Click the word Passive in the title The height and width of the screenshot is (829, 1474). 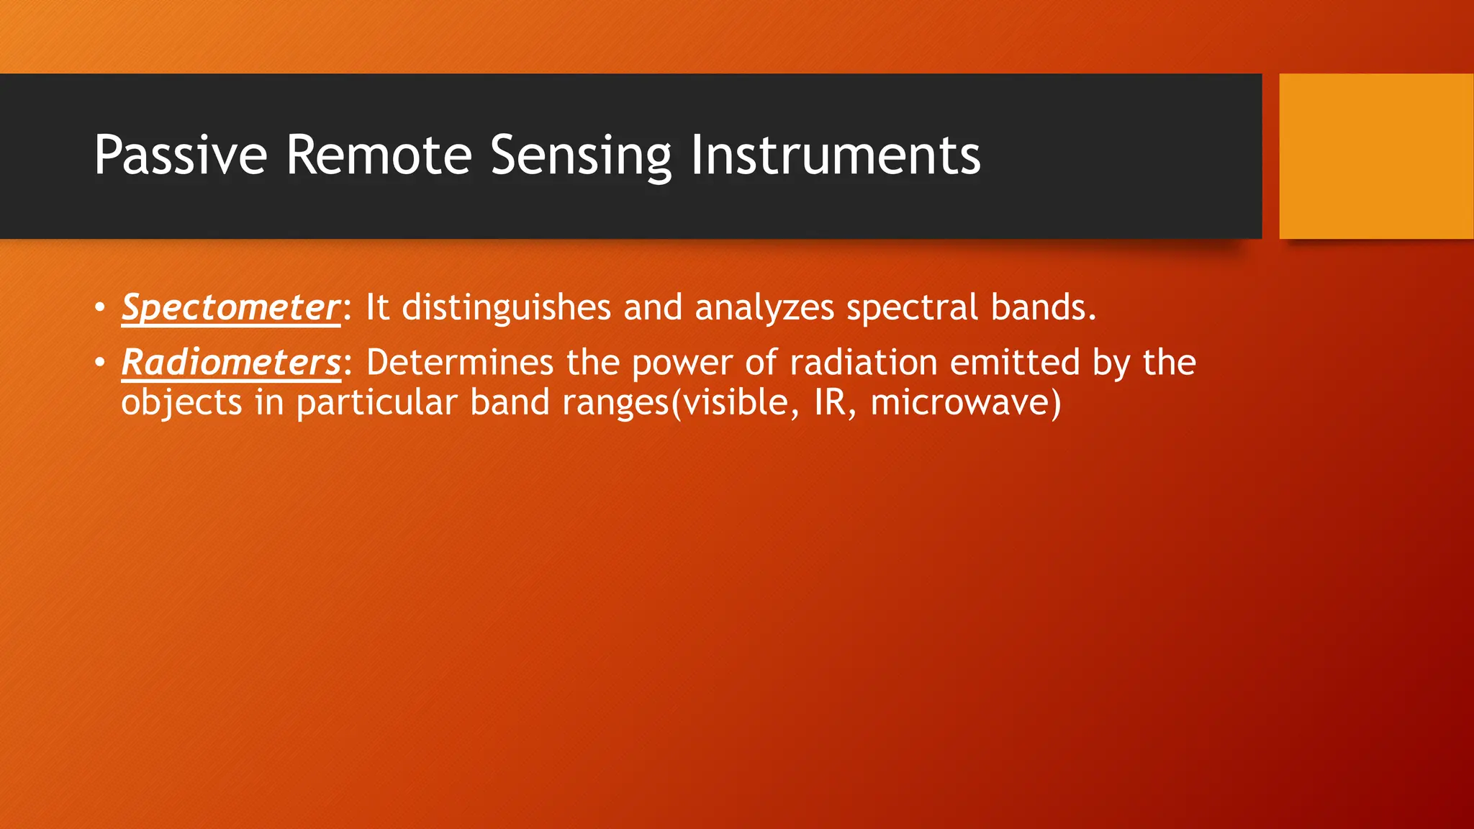(180, 155)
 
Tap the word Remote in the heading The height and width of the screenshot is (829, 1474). (379, 155)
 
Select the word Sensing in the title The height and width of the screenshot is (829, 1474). (580, 157)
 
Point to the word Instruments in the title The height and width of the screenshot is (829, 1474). (835, 155)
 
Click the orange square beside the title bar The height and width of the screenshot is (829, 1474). (1375, 156)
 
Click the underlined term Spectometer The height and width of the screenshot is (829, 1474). (230, 308)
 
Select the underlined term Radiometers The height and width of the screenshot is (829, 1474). (230, 363)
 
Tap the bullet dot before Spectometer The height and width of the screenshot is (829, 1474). (99, 308)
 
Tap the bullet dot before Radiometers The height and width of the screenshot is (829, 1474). (99, 363)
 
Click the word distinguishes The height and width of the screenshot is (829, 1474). (506, 308)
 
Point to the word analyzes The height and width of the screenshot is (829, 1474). (764, 308)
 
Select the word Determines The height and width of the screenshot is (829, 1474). (459, 363)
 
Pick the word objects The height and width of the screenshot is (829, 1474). (181, 403)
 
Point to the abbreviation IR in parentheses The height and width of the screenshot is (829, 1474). (830, 403)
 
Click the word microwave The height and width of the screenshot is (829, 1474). (960, 403)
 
